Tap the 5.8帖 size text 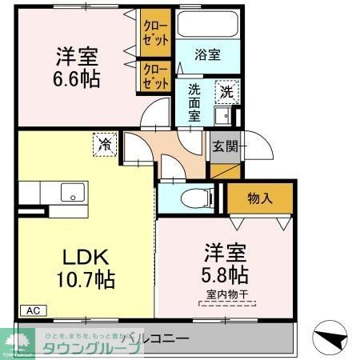coord(224,274)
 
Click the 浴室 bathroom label coord(208,54)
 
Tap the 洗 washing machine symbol coord(227,92)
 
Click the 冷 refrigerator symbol coord(106,144)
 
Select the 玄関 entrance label coord(222,146)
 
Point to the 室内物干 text coord(223,294)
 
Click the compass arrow coord(331,338)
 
